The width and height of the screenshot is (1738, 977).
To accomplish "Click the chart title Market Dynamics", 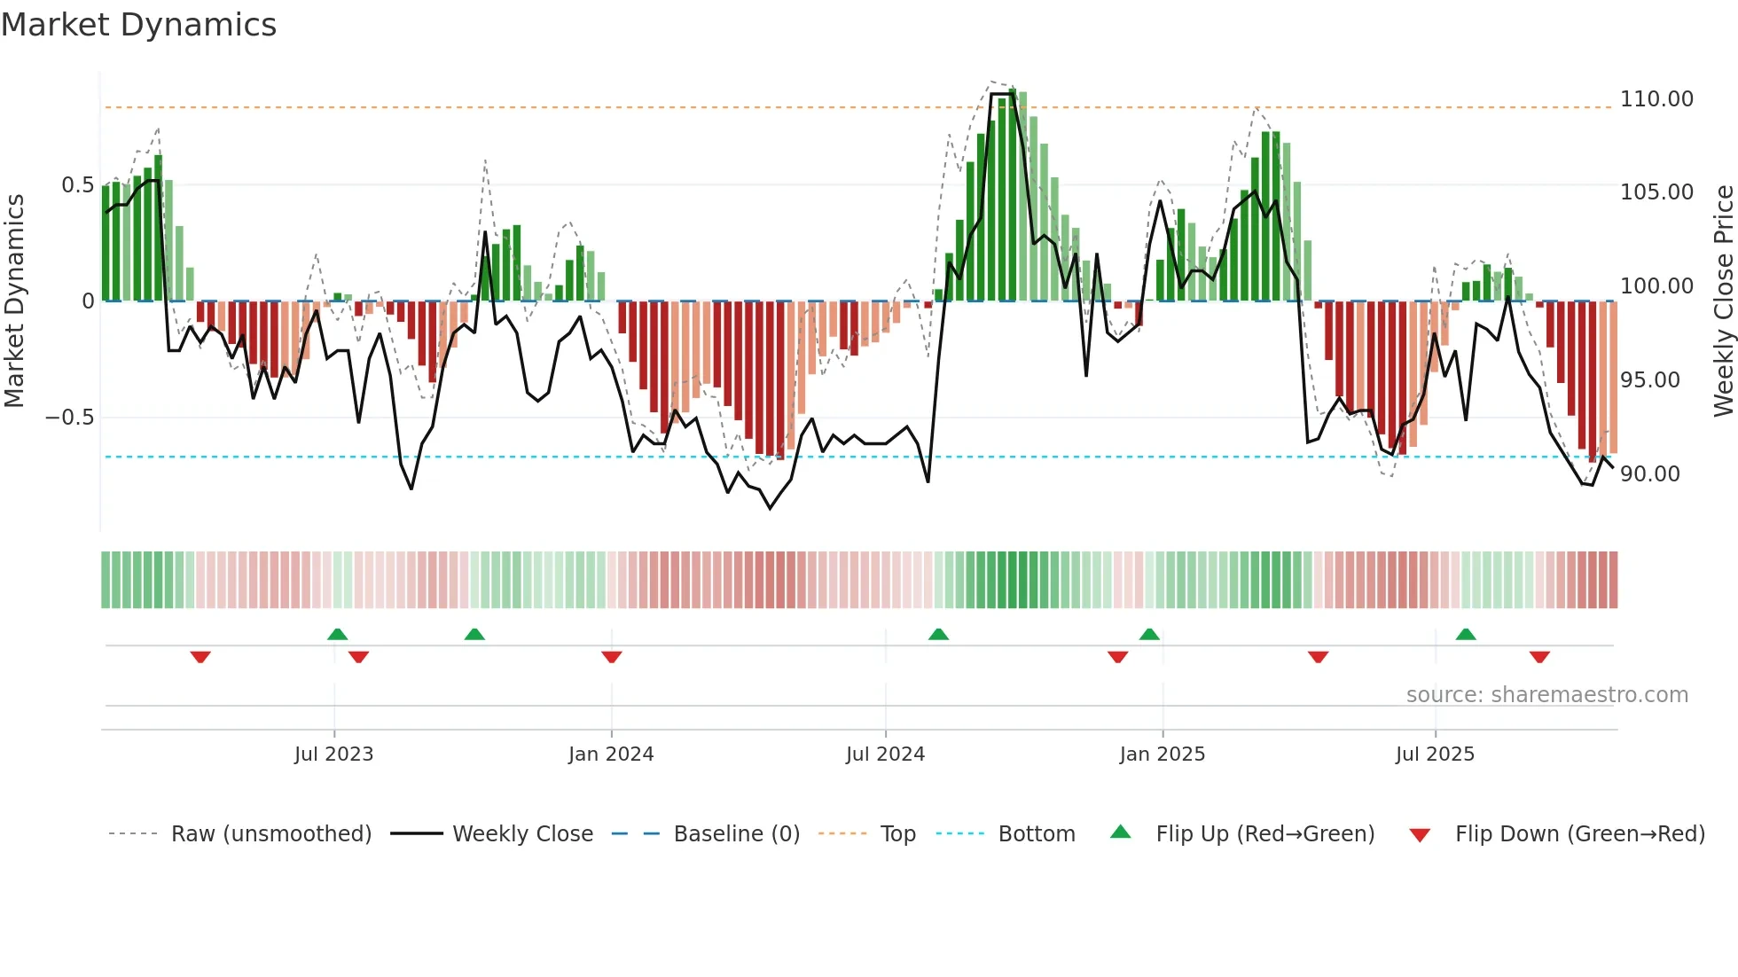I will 138,25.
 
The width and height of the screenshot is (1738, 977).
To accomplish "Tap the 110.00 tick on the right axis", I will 1656,99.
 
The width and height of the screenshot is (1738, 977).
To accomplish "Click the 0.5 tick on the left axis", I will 77,185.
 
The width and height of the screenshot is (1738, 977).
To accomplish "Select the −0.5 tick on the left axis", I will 70,418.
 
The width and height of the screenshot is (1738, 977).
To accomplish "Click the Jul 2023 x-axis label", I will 333,754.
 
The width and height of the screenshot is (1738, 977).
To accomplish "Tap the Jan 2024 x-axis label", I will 611,754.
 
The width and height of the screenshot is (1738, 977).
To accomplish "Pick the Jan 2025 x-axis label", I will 1162,754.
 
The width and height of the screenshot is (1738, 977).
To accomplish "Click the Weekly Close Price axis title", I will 1723,301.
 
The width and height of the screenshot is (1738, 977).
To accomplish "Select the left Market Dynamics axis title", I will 14,301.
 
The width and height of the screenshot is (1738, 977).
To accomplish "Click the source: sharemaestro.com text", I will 1546,695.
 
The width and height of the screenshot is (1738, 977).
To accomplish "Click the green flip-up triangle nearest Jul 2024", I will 938,634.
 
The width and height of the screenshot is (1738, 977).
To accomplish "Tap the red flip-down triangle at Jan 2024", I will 612,657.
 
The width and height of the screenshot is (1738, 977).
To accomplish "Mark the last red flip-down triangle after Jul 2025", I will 1539,657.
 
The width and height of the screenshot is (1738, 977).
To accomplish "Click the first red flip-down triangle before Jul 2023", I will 200,657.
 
